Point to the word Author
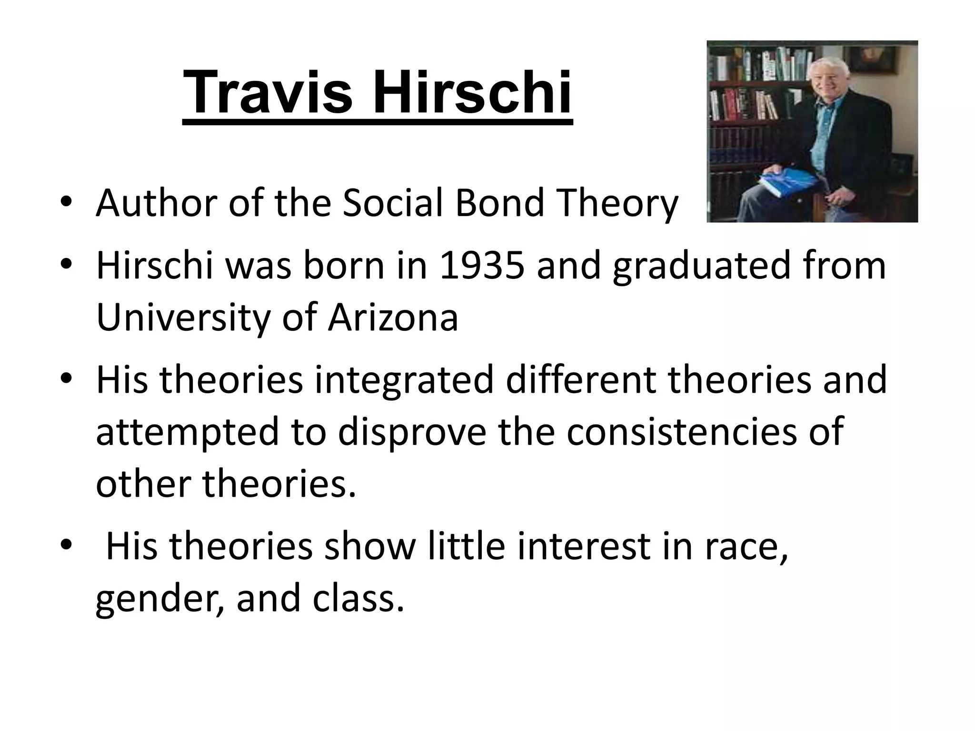(157, 203)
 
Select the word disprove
(412, 431)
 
